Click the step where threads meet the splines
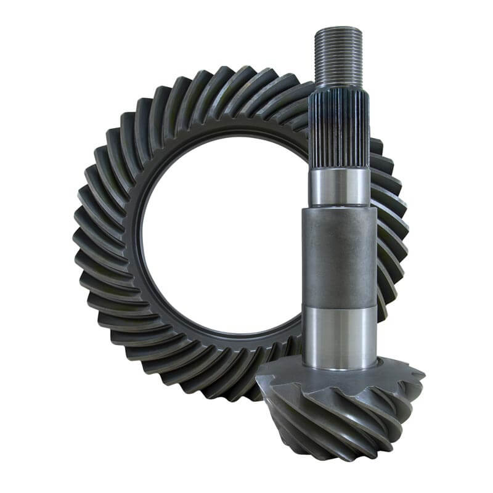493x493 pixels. [x=338, y=88]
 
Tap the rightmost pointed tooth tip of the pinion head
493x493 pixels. [x=424, y=373]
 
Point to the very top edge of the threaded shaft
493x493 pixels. [x=338, y=28]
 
